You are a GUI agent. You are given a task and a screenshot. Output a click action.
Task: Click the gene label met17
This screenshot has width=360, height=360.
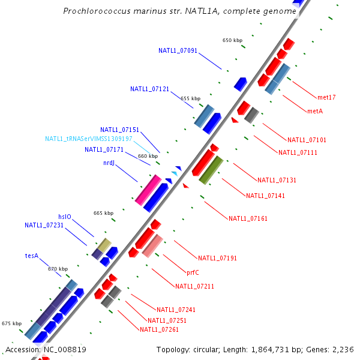pos(327,97)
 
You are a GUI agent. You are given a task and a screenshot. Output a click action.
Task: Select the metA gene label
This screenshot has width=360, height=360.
pos(315,111)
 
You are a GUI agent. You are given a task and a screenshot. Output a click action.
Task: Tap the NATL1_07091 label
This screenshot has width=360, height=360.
pos(178,51)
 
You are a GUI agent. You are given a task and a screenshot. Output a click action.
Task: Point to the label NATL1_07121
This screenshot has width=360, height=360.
pos(149,89)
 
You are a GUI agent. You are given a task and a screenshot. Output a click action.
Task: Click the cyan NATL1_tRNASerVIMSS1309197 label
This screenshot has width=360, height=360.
pos(89,139)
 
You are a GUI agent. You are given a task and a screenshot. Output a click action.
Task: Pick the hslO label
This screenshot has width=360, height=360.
pos(65,217)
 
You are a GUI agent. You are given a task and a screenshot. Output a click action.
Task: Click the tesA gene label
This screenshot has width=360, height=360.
pos(32,256)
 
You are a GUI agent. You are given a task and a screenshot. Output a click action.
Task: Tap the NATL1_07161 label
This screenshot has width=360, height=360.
pos(248,218)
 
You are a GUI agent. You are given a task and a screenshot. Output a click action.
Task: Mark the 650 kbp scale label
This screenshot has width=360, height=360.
pos(232,40)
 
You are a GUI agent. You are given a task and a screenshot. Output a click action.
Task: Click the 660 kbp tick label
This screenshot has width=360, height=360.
pos(148,156)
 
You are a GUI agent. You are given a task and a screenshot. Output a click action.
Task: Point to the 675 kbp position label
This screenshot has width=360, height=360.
pos(11,323)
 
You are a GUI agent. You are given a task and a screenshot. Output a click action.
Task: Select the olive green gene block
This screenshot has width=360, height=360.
pos(211,170)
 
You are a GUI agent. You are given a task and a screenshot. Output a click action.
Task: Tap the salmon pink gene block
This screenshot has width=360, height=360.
pos(153,246)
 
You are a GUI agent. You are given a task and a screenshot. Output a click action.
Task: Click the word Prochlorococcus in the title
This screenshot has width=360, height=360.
pos(95,11)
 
